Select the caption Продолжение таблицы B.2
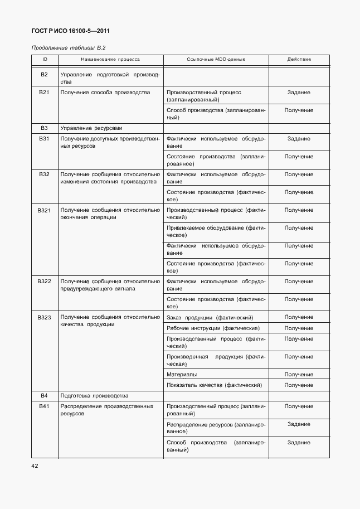tap(69, 48)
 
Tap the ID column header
tap(45, 59)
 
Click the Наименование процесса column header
tap(110, 59)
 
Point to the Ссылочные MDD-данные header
tap(216, 59)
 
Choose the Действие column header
tap(299, 59)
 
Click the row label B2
tap(45, 75)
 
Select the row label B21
tap(45, 93)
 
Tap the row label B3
tap(45, 128)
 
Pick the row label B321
tap(45, 210)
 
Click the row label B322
tap(45, 282)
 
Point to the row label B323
tap(45, 317)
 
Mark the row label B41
tap(45, 406)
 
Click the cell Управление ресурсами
tap(91, 128)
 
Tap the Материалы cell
tap(182, 375)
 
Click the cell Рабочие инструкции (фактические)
tap(213, 328)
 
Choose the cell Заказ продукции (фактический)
tap(210, 317)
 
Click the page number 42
tap(35, 465)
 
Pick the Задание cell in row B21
tap(299, 93)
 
